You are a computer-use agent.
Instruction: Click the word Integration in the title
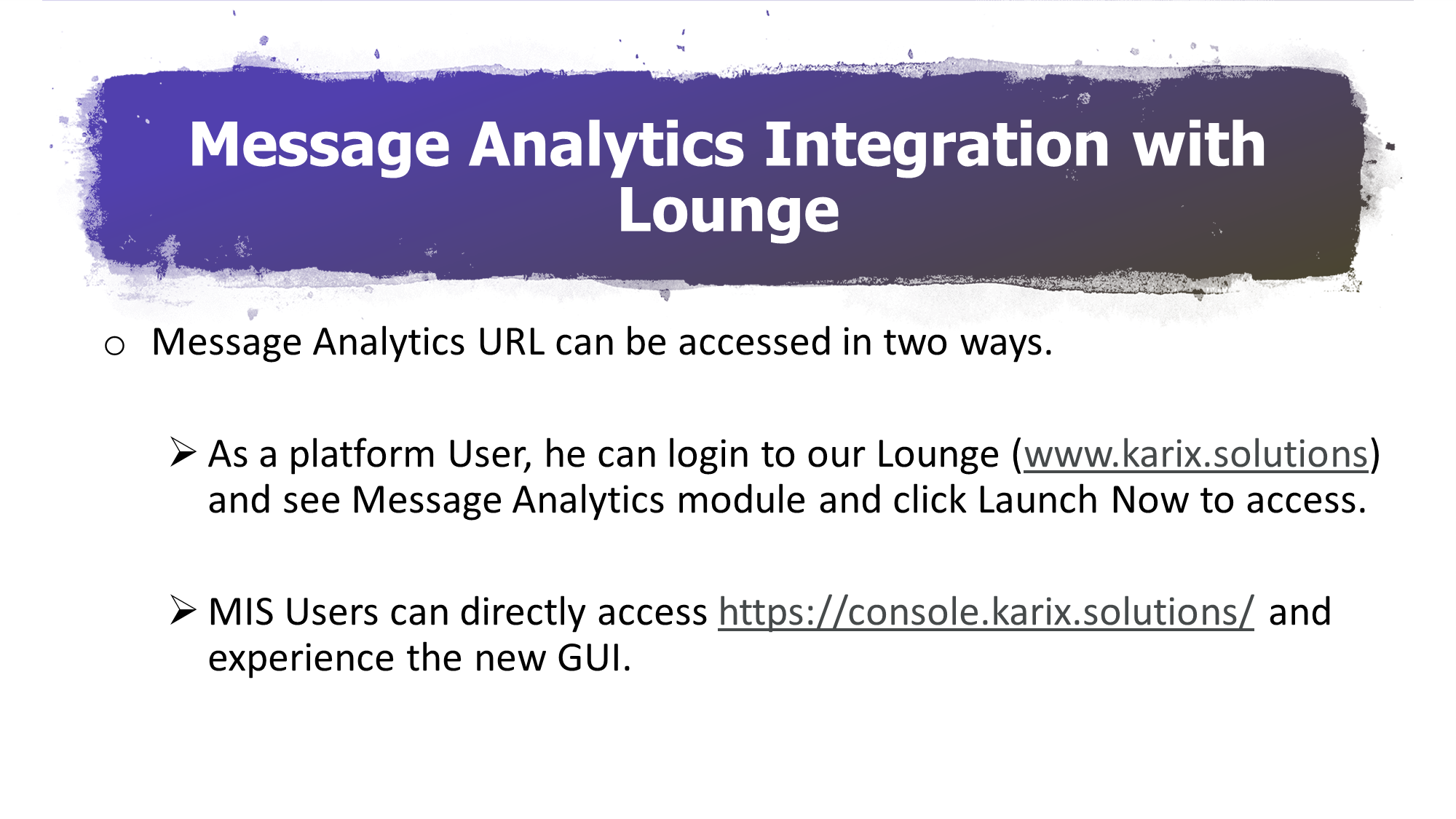coord(937,146)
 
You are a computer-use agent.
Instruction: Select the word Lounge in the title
coord(729,211)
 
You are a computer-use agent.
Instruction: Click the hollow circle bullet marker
coord(114,346)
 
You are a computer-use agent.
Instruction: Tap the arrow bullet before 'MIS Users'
coord(183,610)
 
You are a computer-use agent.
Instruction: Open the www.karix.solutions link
coord(1196,455)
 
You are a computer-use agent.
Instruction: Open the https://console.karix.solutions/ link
coord(986,612)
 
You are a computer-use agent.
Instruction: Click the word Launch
coord(1037,500)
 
